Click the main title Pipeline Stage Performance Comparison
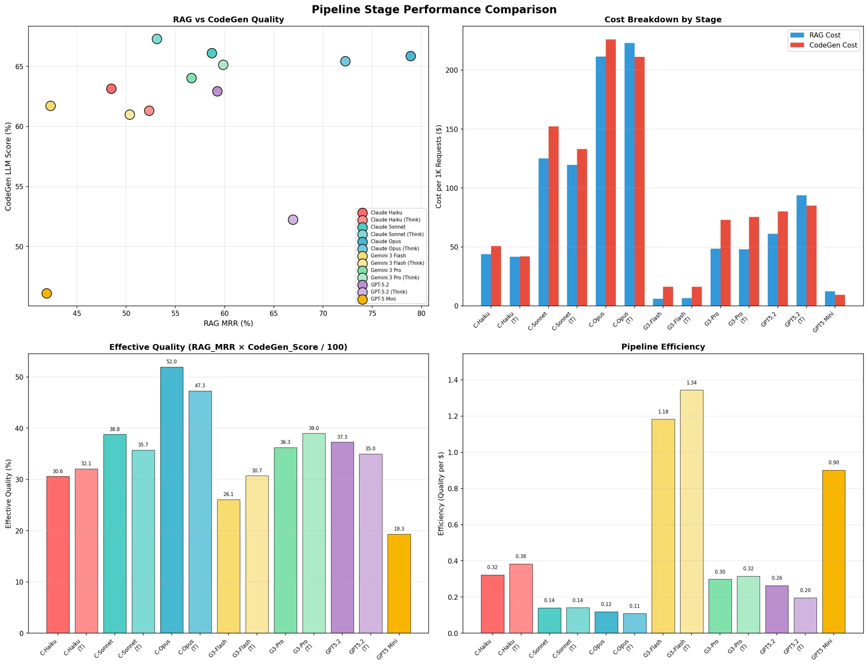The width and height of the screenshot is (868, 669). [434, 9]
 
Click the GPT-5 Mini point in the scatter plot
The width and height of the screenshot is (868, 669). [47, 293]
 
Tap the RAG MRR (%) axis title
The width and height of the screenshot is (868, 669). [228, 323]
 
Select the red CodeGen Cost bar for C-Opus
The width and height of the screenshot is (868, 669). [610, 173]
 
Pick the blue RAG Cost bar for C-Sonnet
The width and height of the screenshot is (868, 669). [543, 232]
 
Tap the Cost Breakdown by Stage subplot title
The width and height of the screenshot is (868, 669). [663, 20]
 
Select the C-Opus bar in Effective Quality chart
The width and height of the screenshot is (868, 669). [172, 500]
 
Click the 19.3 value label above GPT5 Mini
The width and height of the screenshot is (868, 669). [399, 529]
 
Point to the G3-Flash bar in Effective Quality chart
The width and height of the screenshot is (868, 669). [229, 566]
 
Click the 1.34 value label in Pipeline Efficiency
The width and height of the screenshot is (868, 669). [692, 383]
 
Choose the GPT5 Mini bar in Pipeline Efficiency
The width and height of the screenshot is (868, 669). [834, 551]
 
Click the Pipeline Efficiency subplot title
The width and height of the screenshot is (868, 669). [663, 347]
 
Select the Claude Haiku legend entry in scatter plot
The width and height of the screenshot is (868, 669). [386, 212]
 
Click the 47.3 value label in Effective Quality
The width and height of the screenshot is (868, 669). [200, 386]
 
